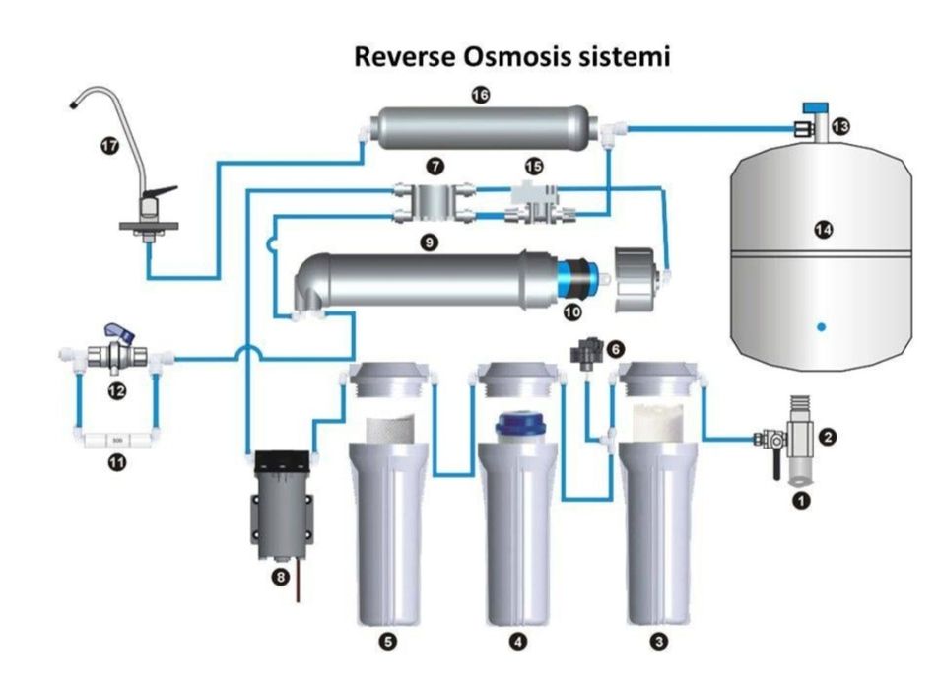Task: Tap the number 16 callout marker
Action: (480, 95)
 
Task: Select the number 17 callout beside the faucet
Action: (109, 145)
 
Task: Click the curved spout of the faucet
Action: (108, 95)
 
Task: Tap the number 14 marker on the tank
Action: (823, 230)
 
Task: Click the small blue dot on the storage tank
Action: (822, 325)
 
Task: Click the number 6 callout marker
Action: (616, 349)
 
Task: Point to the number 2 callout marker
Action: (830, 434)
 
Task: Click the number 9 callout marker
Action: (428, 240)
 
